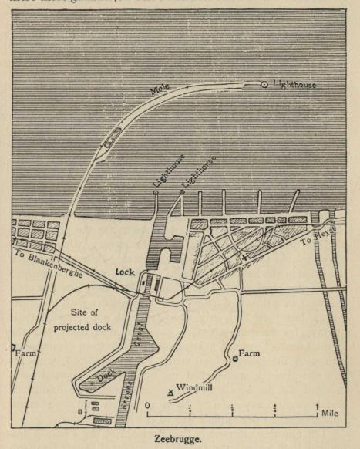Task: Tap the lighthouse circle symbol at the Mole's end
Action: (264, 84)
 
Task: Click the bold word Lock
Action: (126, 272)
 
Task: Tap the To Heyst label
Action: (314, 240)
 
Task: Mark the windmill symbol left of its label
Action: (170, 392)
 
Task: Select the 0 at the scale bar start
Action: (147, 404)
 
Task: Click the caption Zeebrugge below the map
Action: (178, 437)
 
